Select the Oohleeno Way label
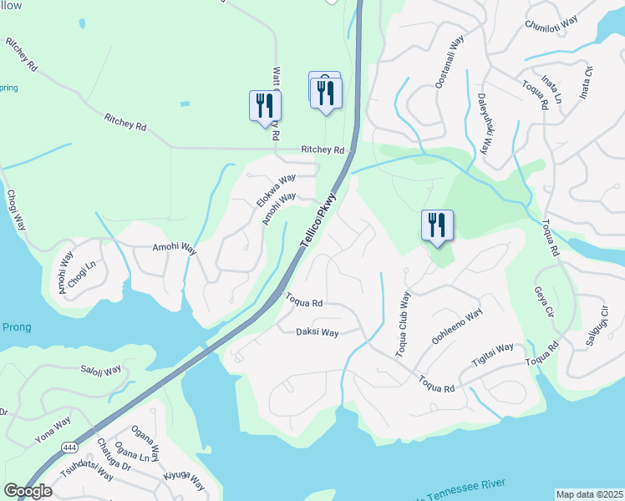(x=457, y=326)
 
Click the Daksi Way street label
(x=318, y=332)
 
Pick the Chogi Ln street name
(x=83, y=271)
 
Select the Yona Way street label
(x=52, y=431)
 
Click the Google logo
(x=27, y=491)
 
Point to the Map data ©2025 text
(x=589, y=494)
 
